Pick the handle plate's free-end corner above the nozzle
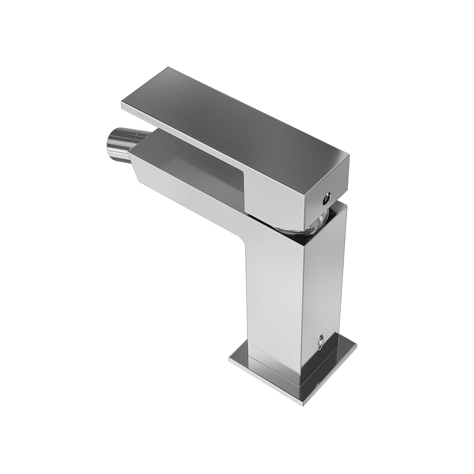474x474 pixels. (x=122, y=106)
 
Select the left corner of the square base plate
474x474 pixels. (x=230, y=359)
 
